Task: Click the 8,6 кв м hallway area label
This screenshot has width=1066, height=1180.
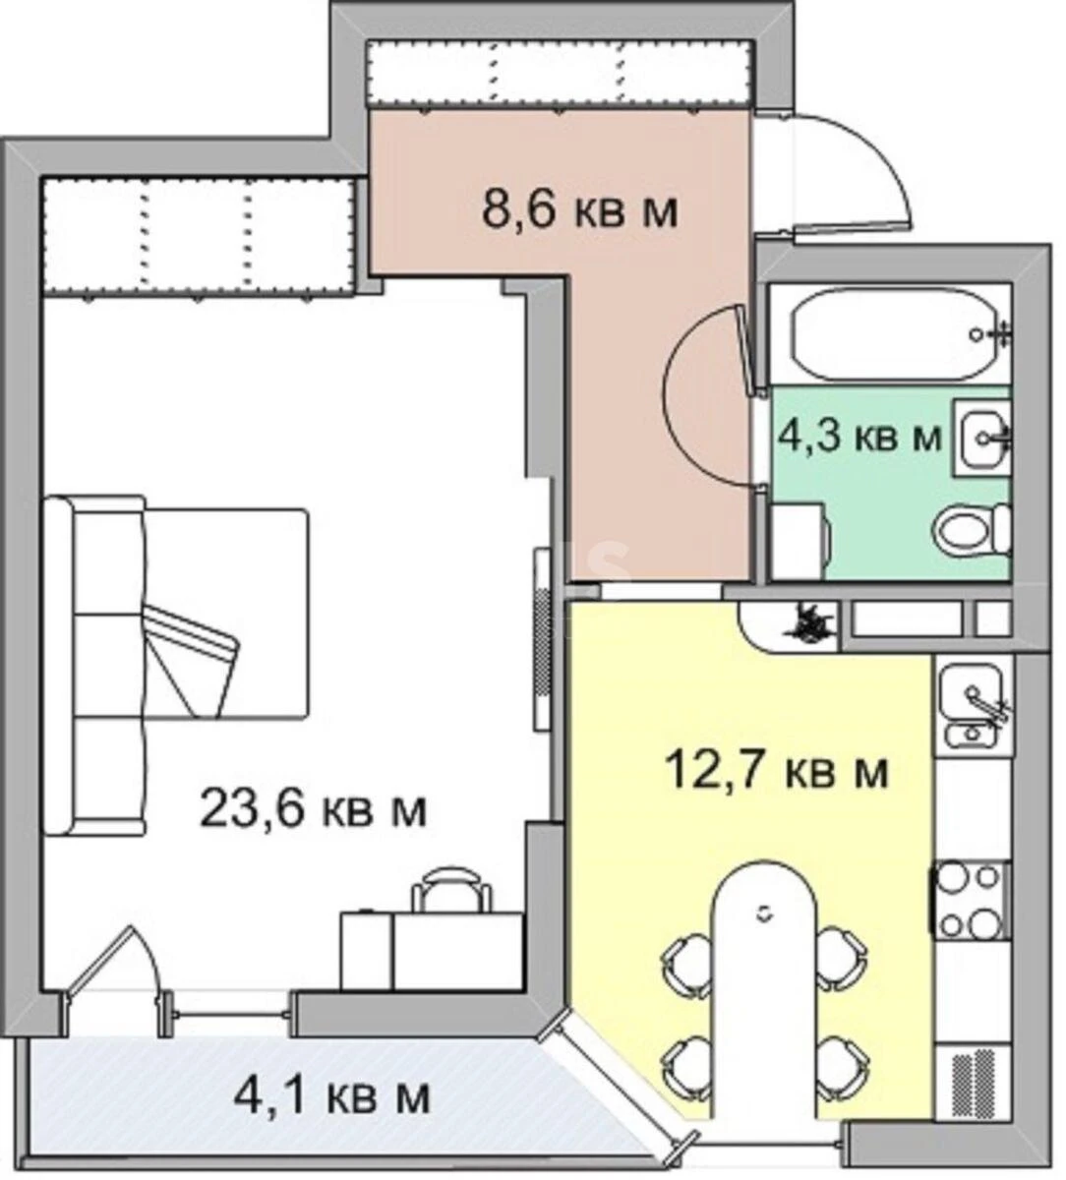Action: pos(579,209)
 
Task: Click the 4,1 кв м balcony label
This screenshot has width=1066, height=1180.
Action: pos(331,1094)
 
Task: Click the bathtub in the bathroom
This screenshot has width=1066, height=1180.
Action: pos(889,334)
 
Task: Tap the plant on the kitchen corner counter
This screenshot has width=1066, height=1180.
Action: pos(808,622)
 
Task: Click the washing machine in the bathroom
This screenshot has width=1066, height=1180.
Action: pos(799,541)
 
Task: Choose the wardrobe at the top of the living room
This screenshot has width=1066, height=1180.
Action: pos(197,236)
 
